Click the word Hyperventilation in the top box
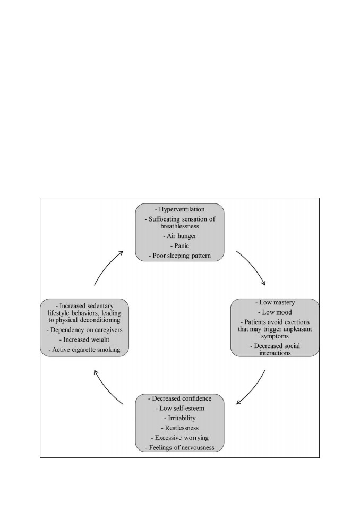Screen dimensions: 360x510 click(x=182, y=209)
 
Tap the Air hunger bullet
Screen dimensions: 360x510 click(x=180, y=236)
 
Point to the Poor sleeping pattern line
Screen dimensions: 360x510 click(x=180, y=256)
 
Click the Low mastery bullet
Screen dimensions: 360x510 click(x=275, y=302)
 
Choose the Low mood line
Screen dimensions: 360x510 click(x=275, y=312)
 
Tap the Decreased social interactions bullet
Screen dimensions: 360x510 click(x=275, y=350)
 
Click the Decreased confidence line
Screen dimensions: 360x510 click(x=180, y=398)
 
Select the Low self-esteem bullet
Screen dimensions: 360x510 click(x=180, y=408)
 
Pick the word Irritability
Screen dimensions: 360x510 click(x=182, y=418)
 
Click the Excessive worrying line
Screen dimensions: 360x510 click(x=180, y=438)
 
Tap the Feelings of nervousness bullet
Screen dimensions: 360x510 click(x=180, y=447)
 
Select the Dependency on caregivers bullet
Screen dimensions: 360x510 click(x=84, y=330)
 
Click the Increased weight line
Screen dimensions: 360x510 click(x=84, y=339)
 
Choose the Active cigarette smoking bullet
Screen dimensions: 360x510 click(x=84, y=350)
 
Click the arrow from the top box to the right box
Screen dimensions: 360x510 click(x=253, y=266)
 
